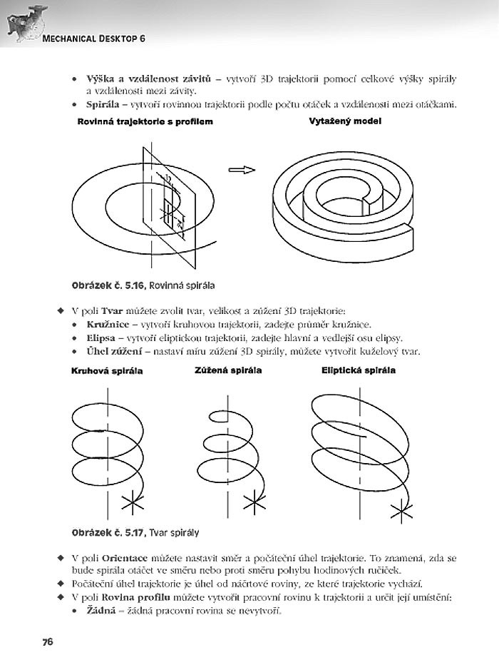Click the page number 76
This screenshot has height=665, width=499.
[48, 641]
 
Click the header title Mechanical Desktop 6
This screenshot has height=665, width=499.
[94, 38]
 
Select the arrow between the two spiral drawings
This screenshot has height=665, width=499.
[242, 170]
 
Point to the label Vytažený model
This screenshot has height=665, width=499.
[345, 121]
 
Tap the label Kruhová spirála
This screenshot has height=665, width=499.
[107, 371]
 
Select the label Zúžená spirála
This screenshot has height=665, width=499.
[228, 370]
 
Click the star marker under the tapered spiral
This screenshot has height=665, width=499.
[254, 502]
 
